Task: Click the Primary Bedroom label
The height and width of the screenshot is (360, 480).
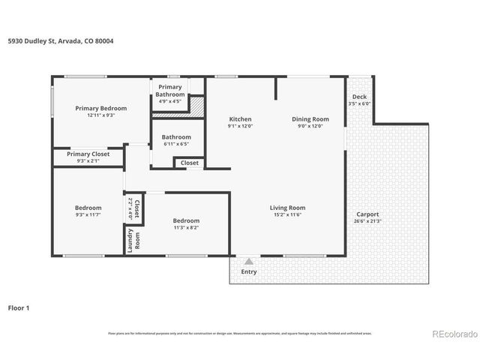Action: tap(101, 108)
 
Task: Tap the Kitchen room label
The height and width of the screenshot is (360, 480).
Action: tap(240, 119)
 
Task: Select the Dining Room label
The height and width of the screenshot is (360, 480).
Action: tap(310, 119)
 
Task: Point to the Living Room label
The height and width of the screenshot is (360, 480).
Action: tap(288, 208)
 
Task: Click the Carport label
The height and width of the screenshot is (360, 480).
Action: tap(367, 214)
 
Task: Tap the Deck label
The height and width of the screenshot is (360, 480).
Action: tap(360, 97)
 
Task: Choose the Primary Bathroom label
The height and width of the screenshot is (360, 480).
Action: tap(170, 91)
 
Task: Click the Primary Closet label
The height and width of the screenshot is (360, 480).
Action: tap(88, 154)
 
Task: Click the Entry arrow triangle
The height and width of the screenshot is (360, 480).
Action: tap(248, 261)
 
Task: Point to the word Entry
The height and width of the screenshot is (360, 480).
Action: tap(248, 271)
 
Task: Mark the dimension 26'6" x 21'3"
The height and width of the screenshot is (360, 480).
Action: tap(367, 221)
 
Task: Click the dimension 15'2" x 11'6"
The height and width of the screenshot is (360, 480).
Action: tap(288, 215)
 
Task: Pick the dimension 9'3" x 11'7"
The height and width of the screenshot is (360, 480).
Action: tap(88, 215)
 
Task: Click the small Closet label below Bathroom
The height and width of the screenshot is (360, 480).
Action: tap(190, 162)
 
